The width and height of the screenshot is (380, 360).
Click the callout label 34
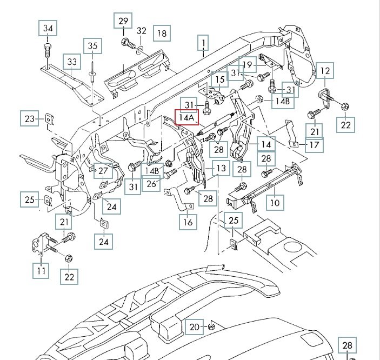[x=48, y=28]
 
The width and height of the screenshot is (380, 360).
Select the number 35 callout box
[x=93, y=46]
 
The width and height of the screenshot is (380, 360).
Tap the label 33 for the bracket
[x=72, y=62]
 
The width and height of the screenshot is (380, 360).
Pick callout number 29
[x=123, y=22]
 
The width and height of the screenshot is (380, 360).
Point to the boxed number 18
[x=162, y=34]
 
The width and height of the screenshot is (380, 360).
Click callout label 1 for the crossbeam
[x=203, y=42]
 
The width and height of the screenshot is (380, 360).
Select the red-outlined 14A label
[x=185, y=116]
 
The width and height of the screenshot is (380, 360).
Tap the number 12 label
[x=325, y=71]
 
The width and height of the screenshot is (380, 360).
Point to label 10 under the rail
[x=275, y=203]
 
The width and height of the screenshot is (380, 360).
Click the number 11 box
[x=41, y=269]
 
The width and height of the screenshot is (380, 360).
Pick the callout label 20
[x=195, y=326]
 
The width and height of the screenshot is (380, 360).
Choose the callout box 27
[x=103, y=171]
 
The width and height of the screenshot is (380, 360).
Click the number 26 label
[x=151, y=185]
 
